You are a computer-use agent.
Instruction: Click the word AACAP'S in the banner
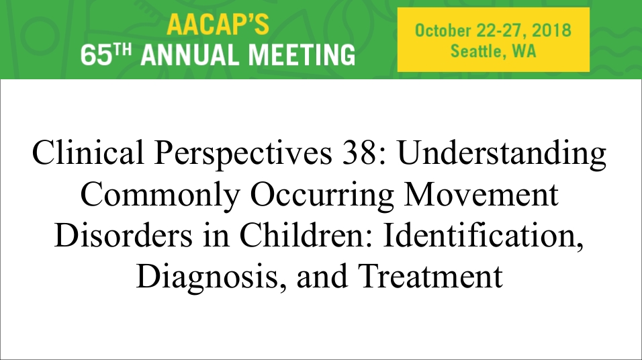[x=218, y=25]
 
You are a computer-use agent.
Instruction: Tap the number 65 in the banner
[x=96, y=55]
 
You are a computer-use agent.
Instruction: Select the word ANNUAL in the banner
[x=191, y=55]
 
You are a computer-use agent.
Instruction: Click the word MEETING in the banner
[x=302, y=55]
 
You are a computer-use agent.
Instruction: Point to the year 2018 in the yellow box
[x=552, y=31]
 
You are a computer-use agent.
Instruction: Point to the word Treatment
[x=430, y=276]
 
